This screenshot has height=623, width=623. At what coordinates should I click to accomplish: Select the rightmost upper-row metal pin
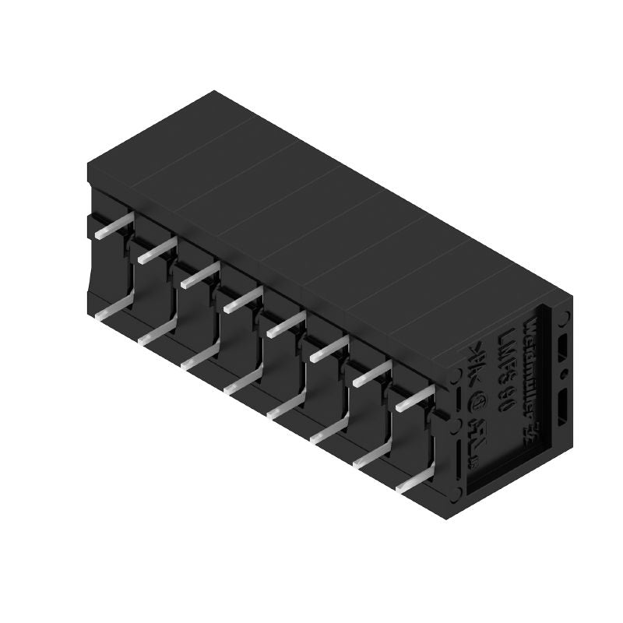(413, 401)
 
